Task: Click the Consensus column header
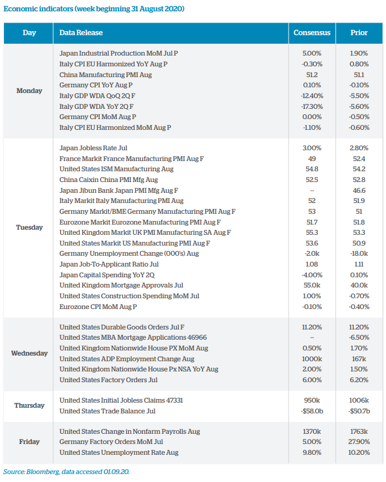[312, 33]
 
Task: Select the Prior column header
[359, 33]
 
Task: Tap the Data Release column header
[81, 33]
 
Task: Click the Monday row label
[29, 91]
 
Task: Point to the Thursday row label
[29, 405]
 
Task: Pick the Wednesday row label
[29, 353]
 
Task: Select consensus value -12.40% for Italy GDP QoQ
[312, 96]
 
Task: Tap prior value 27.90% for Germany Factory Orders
[359, 442]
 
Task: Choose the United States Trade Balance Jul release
[107, 411]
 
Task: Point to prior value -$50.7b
[359, 411]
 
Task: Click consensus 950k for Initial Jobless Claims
[312, 400]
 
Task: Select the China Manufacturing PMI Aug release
[105, 75]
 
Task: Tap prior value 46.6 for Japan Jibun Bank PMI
[359, 190]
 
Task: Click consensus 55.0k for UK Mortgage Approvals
[312, 285]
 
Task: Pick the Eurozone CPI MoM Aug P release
[98, 307]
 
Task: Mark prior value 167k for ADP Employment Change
[359, 359]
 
